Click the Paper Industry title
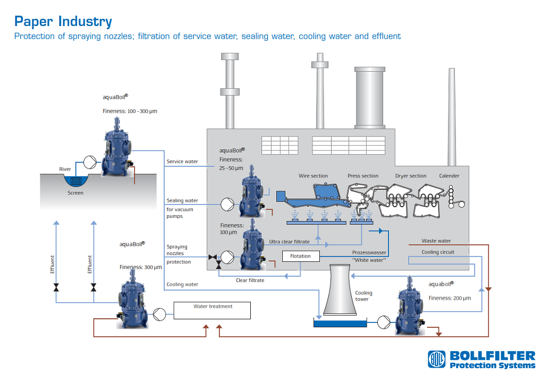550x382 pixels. coord(63,22)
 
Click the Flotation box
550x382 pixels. coord(301,256)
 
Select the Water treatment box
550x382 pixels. coord(213,310)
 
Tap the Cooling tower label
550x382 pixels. coord(364,296)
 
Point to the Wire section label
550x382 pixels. coord(313,176)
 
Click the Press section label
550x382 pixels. coord(363,176)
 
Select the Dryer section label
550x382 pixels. coord(411,176)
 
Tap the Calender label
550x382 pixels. coord(449,176)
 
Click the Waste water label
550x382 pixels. coord(436,241)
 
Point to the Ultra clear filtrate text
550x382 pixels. coord(289,242)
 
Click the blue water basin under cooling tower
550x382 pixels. coord(340,323)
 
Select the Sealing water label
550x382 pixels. coord(182,201)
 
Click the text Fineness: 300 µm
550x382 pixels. coord(140,267)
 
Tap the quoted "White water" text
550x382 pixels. coord(368,260)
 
